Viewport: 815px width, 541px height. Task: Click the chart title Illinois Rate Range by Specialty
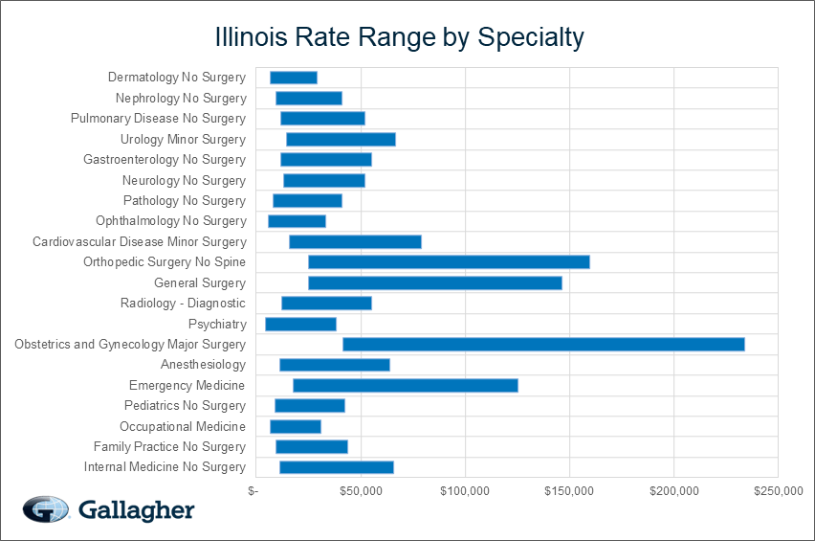click(x=399, y=37)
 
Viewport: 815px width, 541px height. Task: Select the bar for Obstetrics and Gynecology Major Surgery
click(x=543, y=344)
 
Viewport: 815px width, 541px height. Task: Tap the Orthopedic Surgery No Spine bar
click(x=449, y=261)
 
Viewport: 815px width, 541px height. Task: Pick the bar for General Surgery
click(x=435, y=282)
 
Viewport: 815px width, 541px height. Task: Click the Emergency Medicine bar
click(x=406, y=385)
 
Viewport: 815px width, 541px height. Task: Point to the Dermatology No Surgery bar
click(x=294, y=78)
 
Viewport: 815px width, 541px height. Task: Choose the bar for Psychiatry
click(x=301, y=324)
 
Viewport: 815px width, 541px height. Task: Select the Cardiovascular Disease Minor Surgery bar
click(x=355, y=241)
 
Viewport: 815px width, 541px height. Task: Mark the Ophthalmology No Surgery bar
click(x=297, y=221)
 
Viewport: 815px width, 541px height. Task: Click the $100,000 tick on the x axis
click(x=465, y=491)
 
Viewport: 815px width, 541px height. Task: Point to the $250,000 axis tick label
click(x=777, y=491)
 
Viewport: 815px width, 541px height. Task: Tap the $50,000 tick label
click(x=361, y=491)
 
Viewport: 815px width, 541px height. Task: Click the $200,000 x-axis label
click(x=673, y=491)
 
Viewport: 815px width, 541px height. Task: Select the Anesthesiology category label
click(x=203, y=365)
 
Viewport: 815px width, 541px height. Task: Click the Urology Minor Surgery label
click(x=183, y=139)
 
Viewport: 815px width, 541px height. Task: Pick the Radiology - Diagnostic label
click(x=183, y=304)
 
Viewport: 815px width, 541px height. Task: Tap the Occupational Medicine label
click(x=183, y=426)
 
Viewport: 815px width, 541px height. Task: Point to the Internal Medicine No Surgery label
click(x=165, y=467)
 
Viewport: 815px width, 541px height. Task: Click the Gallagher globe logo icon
click(x=46, y=509)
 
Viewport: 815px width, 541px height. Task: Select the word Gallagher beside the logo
click(x=137, y=509)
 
